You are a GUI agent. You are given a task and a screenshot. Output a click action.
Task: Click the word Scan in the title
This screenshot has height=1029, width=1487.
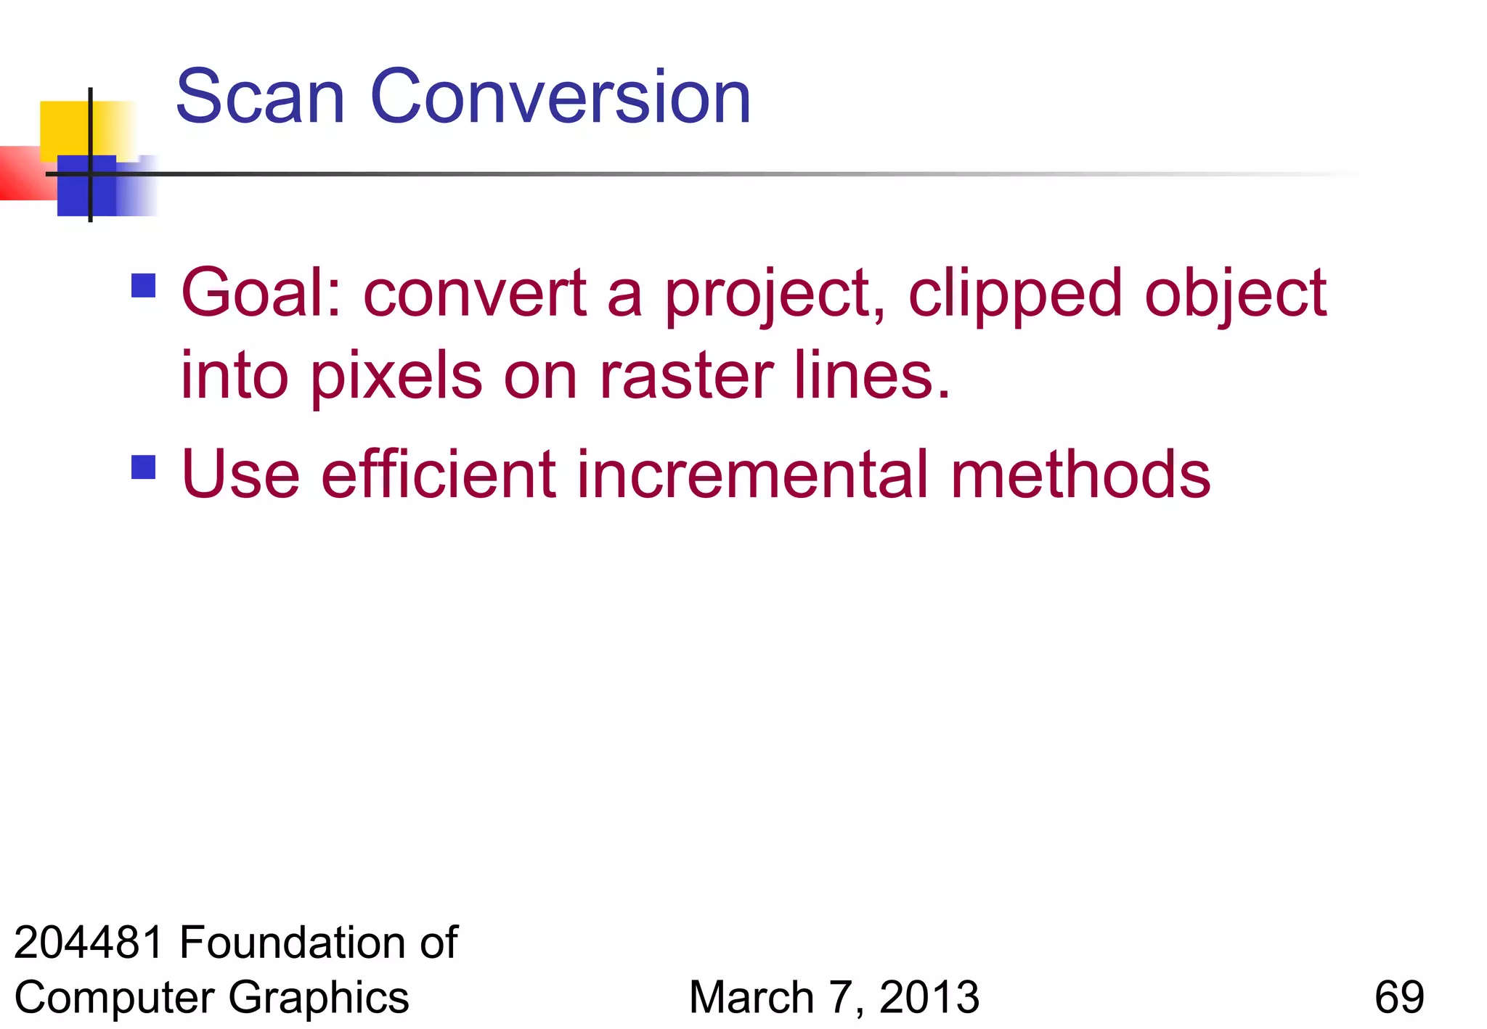tap(260, 97)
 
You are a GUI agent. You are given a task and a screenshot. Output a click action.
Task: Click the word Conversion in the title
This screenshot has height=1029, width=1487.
tap(561, 97)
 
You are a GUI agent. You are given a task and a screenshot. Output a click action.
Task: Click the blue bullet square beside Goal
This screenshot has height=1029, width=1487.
tap(144, 285)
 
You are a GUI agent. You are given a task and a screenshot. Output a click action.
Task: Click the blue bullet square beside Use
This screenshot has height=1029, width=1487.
tap(144, 467)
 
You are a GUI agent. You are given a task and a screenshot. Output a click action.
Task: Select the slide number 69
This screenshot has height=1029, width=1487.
tap(1398, 997)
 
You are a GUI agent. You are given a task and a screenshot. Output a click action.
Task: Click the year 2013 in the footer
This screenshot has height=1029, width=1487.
tap(929, 997)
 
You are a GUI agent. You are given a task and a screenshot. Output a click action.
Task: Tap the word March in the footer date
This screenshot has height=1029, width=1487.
tap(751, 997)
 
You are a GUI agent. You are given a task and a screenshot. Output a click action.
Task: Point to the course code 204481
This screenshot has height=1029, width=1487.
tap(89, 942)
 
